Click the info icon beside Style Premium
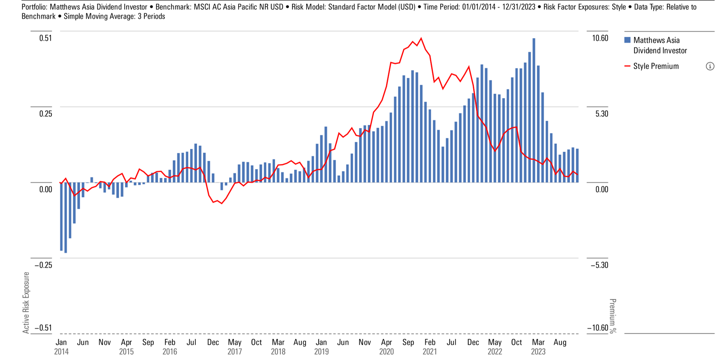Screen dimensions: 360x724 (x=709, y=66)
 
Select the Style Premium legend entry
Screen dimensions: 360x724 (x=655, y=66)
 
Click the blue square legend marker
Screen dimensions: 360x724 (x=627, y=40)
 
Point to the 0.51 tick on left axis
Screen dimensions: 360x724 (x=45, y=38)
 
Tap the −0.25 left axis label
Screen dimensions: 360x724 (x=43, y=265)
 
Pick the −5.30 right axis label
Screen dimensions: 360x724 (x=599, y=265)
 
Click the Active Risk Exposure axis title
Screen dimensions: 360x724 (x=26, y=302)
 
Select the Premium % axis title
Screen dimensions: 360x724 (x=612, y=316)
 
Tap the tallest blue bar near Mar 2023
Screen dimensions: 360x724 (x=534, y=111)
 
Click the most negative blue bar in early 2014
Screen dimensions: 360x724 (x=65, y=217)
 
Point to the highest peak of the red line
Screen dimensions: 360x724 (x=421, y=38)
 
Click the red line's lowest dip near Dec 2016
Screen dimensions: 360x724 (x=222, y=203)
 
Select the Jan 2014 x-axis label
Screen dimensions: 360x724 (x=61, y=347)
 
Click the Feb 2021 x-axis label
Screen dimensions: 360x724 (x=430, y=347)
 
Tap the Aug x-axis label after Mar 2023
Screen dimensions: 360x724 (x=560, y=342)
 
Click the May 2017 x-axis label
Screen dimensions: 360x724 (x=235, y=347)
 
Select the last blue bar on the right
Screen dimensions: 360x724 (x=577, y=165)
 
